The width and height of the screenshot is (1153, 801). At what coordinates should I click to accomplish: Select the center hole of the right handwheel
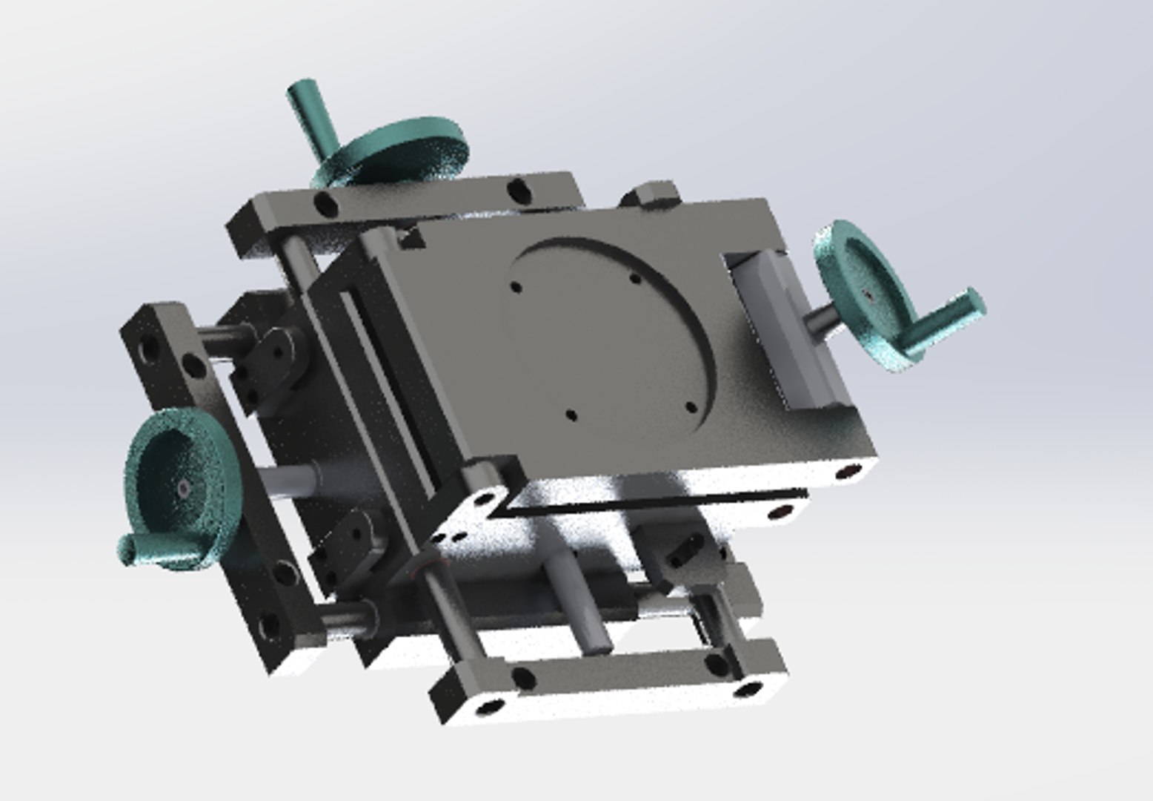tap(868, 296)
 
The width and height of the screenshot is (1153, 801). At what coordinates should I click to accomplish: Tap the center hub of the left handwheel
tap(182, 487)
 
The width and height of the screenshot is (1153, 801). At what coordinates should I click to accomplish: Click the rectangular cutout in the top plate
tap(785, 330)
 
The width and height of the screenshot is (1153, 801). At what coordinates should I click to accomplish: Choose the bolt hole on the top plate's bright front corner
tap(845, 472)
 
